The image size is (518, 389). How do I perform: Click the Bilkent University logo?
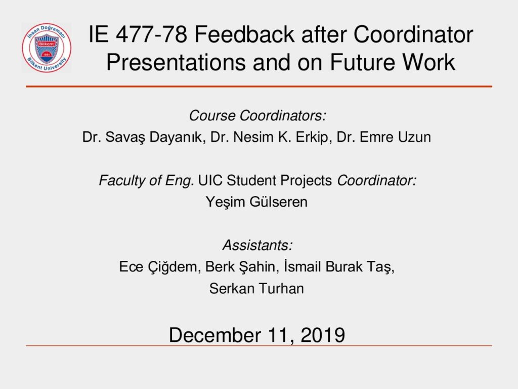pyautogui.click(x=47, y=48)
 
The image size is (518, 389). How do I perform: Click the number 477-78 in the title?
pyautogui.click(x=151, y=34)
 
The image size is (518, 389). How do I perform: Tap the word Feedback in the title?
pyautogui.click(x=244, y=34)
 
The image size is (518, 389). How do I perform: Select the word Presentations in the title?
pyautogui.click(x=176, y=62)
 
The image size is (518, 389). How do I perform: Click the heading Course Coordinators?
pyautogui.click(x=257, y=115)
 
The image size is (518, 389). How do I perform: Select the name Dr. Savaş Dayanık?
pyautogui.click(x=142, y=137)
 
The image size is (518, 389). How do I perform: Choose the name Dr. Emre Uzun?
pyautogui.click(x=383, y=137)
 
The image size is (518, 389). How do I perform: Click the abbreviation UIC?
pyautogui.click(x=210, y=180)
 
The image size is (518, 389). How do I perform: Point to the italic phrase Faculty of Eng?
pyautogui.click(x=146, y=181)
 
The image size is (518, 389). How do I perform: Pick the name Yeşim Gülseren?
pyautogui.click(x=256, y=202)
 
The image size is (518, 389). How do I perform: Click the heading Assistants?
pyautogui.click(x=257, y=245)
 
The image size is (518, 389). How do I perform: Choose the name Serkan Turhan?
pyautogui.click(x=256, y=288)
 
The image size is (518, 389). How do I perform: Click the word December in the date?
pyautogui.click(x=214, y=335)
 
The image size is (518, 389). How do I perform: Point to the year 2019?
pyautogui.click(x=323, y=335)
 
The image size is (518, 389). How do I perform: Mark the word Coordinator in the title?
pyautogui.click(x=413, y=34)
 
